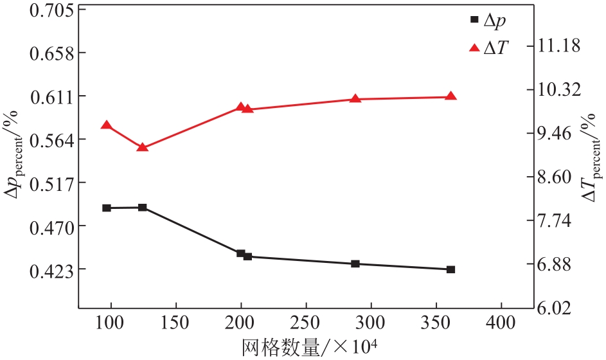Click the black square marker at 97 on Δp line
(x=107, y=208)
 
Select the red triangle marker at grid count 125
(x=143, y=147)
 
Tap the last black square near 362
(x=451, y=269)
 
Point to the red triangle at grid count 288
(x=355, y=98)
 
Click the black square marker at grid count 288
(x=355, y=264)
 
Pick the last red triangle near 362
(x=451, y=96)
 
